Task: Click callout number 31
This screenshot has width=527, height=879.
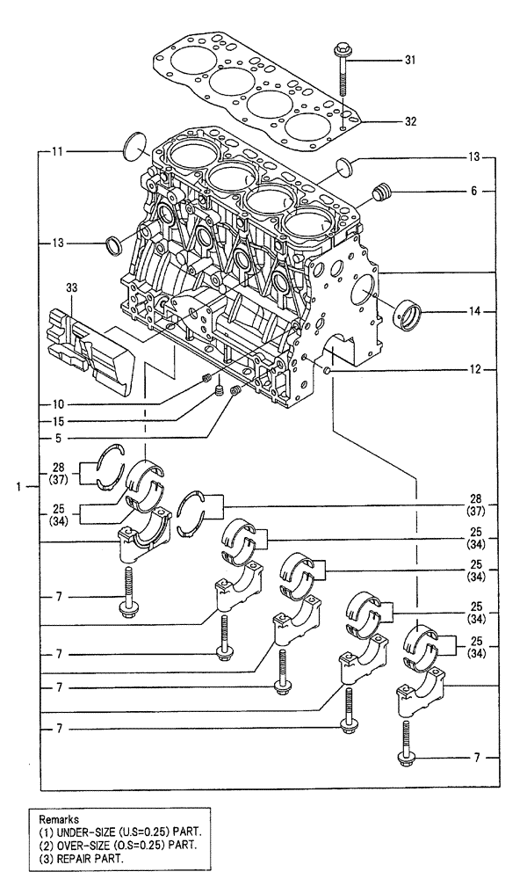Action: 434,60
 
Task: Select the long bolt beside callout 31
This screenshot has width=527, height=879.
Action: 341,69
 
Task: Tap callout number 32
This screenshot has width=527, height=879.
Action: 434,120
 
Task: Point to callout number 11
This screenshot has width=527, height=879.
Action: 56,152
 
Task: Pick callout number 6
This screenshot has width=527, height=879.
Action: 473,191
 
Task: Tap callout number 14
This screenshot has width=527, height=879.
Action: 473,311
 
